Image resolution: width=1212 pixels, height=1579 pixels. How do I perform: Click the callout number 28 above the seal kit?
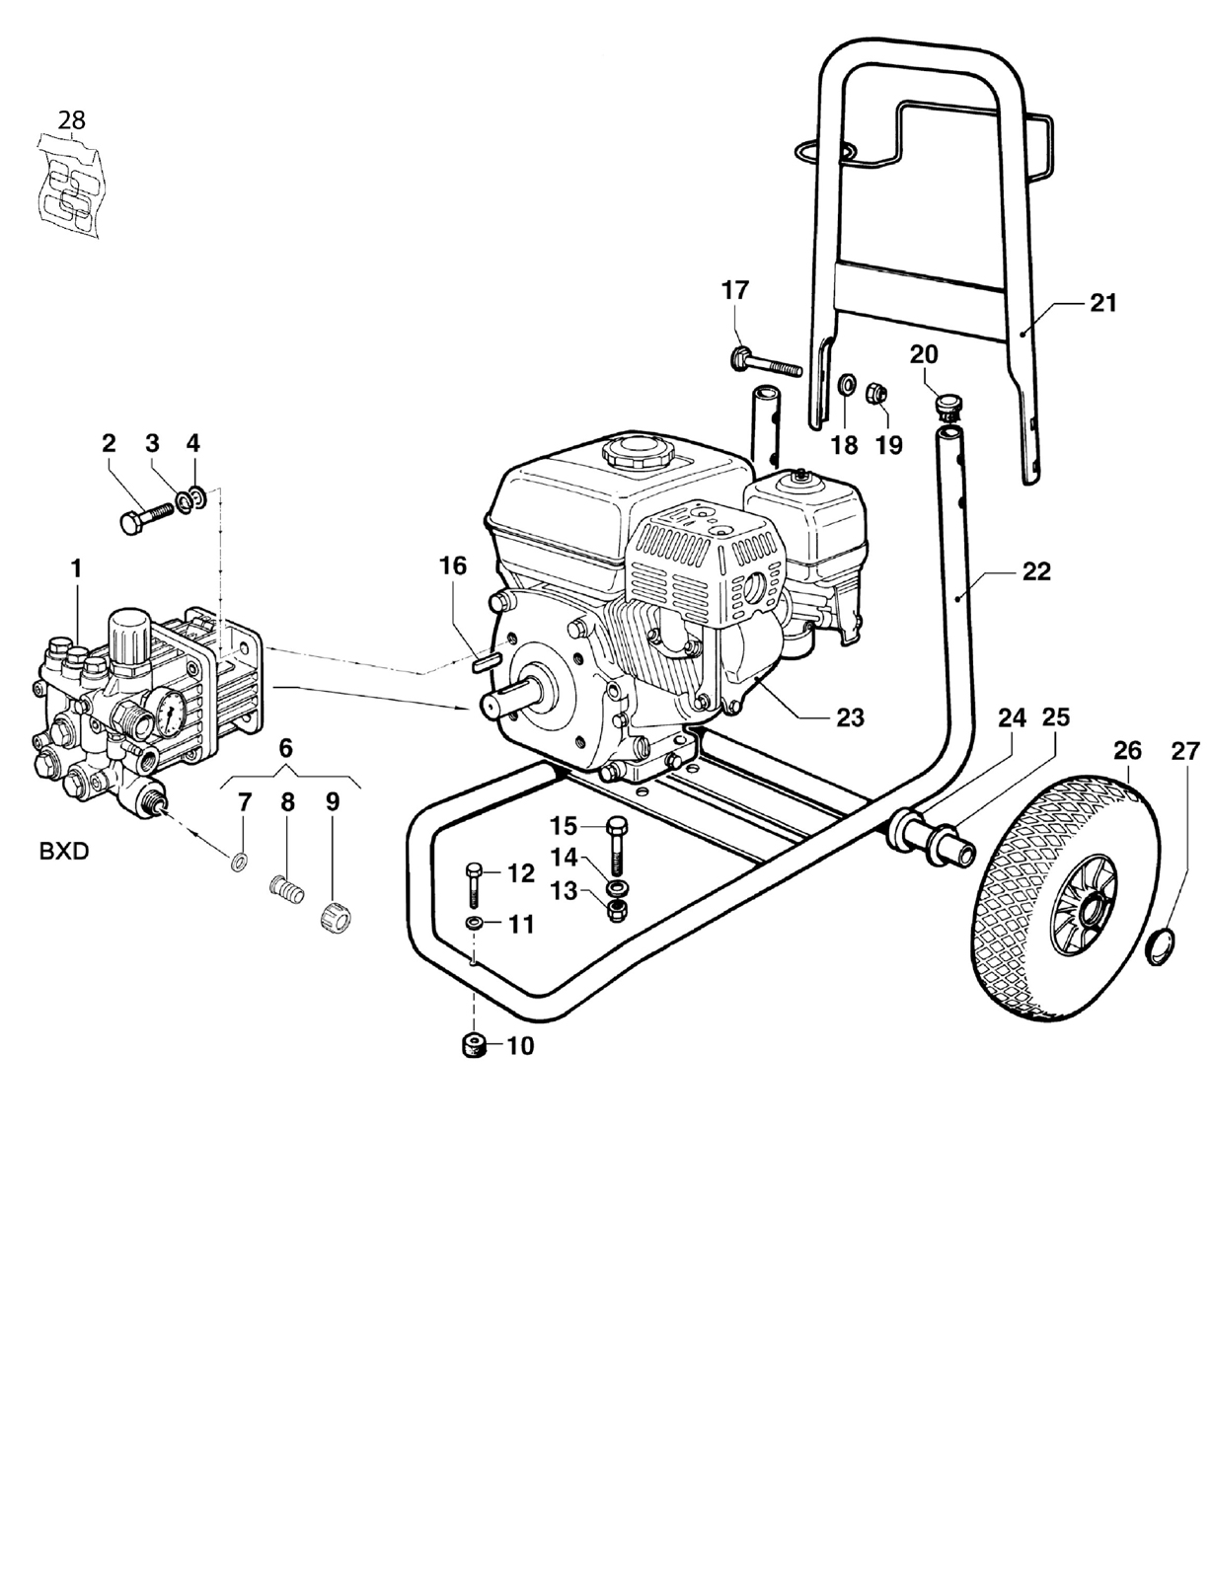[72, 119]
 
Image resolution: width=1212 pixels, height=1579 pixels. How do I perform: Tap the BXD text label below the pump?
[64, 851]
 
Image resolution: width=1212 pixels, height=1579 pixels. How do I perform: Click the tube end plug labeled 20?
[947, 406]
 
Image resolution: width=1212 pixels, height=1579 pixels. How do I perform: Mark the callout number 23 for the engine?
[851, 717]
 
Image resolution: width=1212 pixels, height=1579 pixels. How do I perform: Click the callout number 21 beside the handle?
[1103, 302]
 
